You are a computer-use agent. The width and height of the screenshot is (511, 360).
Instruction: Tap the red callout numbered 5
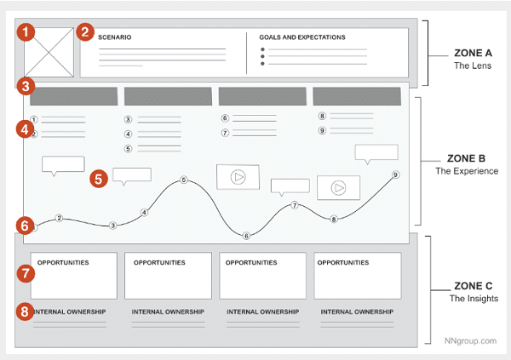coord(100,179)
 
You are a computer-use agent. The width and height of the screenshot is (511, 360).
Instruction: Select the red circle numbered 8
coord(27,311)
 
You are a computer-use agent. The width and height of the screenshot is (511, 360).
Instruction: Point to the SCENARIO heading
coord(114,37)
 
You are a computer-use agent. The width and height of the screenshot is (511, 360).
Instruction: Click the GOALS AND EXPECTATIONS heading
coord(303,37)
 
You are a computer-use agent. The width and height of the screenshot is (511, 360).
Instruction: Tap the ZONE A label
coord(472,53)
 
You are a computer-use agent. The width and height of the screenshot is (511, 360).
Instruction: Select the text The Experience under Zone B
coord(467,171)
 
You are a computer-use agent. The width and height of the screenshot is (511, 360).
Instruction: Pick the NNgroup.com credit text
coord(469,340)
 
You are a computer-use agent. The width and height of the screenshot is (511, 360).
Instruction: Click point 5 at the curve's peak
coord(183,180)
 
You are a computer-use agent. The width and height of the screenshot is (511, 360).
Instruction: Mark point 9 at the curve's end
coord(395,175)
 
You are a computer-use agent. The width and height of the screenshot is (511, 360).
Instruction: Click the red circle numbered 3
coord(27,86)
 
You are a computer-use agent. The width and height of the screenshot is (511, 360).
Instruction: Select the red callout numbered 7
coord(27,274)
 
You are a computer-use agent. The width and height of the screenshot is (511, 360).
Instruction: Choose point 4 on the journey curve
coord(144,212)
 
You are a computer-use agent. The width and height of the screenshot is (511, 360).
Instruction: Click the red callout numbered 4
coord(27,130)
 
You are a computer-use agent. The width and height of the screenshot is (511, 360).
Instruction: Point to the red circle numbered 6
coord(26,226)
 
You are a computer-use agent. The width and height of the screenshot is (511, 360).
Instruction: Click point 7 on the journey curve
coord(295,205)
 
